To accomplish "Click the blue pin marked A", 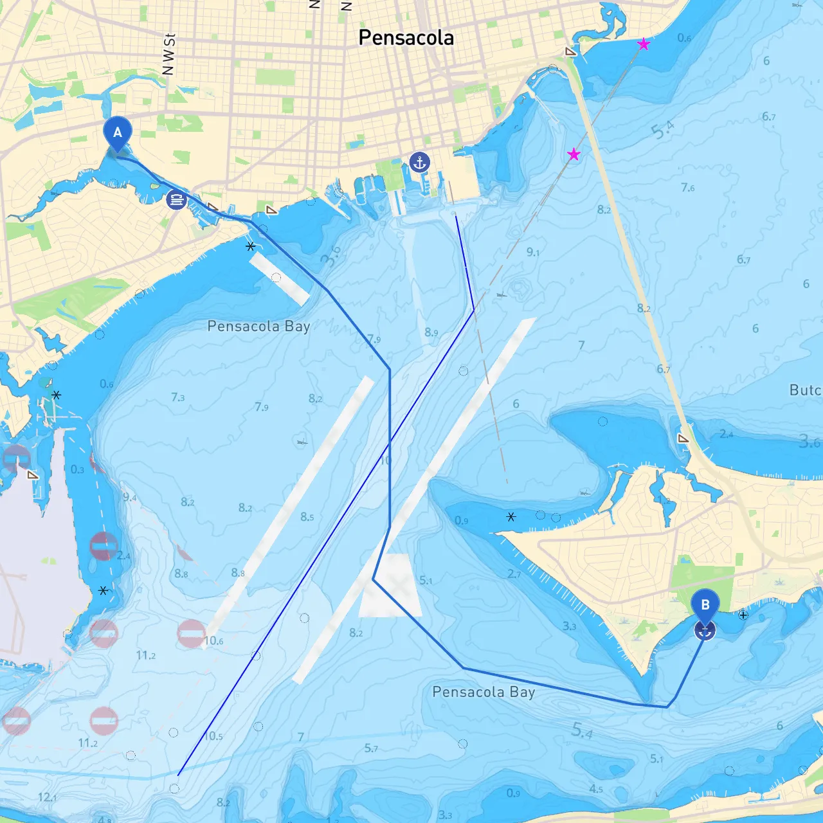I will tap(117, 133).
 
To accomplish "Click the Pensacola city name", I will tap(406, 38).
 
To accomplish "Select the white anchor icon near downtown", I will tap(419, 162).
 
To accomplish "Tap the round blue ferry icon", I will tap(176, 199).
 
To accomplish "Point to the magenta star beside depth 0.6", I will tap(644, 44).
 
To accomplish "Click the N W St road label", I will tap(168, 55).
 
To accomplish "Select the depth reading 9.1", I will tap(533, 252).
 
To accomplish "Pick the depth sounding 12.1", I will tap(47, 797).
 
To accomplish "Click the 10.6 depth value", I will tap(213, 640).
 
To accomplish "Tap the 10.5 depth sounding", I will tap(213, 736).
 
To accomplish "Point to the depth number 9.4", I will tap(129, 497).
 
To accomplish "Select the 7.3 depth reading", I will tap(178, 397).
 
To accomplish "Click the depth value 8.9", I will tap(431, 332).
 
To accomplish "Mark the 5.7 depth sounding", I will tap(371, 748).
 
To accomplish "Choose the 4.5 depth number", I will tap(596, 789).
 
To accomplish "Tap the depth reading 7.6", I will tap(687, 188).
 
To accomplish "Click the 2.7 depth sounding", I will tap(514, 574).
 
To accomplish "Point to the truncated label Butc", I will tap(805, 390).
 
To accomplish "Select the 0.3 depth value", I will tap(77, 469).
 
